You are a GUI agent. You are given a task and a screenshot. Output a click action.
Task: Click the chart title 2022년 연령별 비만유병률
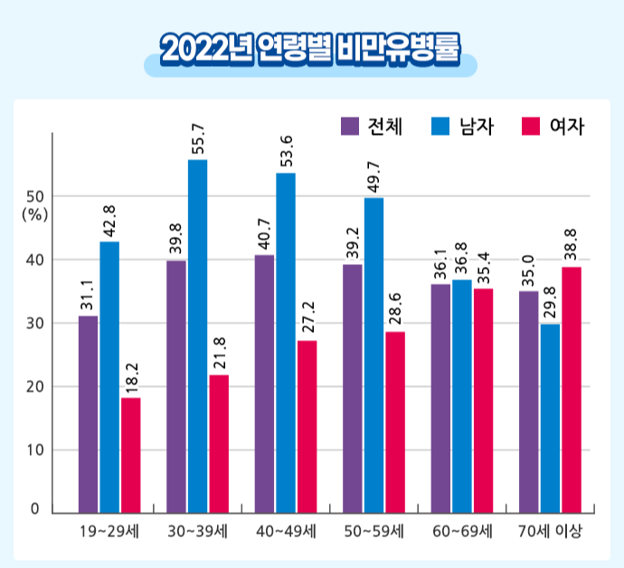click(310, 50)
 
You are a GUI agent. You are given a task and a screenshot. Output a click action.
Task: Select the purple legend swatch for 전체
click(349, 126)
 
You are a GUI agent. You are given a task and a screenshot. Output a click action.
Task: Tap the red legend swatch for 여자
click(534, 126)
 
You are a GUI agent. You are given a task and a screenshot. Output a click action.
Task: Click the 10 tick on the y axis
click(34, 450)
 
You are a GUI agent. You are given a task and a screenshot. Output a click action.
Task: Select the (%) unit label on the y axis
click(34, 214)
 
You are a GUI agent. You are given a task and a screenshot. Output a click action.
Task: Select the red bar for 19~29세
click(131, 455)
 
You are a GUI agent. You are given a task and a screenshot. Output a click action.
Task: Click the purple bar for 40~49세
click(264, 383)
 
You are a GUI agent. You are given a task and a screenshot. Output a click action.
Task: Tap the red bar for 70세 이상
click(572, 390)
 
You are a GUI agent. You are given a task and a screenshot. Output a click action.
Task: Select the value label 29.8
click(550, 303)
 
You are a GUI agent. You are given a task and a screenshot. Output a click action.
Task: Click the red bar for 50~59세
click(395, 422)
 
